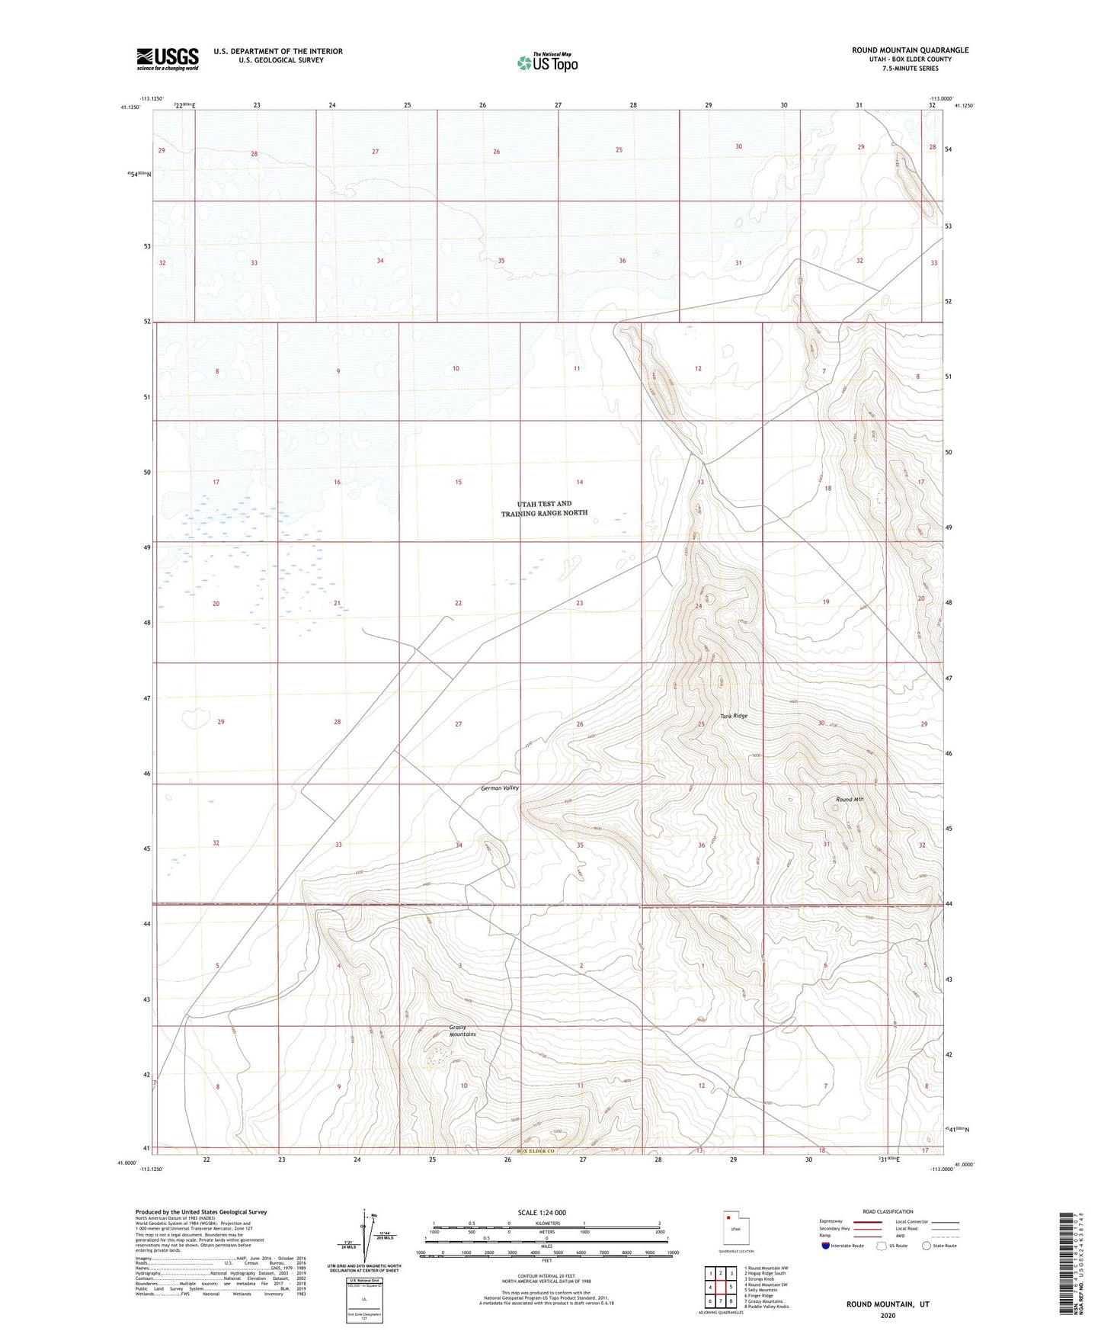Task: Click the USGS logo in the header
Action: coord(168,59)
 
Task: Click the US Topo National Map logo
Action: coord(547,63)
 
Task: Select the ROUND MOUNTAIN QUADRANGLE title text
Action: coord(910,50)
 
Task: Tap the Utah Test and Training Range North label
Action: coord(544,508)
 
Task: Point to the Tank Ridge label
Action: coord(734,716)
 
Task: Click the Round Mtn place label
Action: coord(849,799)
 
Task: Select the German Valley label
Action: coord(499,787)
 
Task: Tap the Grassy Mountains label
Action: coord(462,1031)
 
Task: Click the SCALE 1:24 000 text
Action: coord(542,1213)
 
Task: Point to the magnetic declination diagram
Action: coord(369,1240)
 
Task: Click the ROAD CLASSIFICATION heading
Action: coord(888,1211)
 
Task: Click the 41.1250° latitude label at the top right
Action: coord(964,106)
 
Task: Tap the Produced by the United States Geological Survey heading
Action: coord(201,1211)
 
